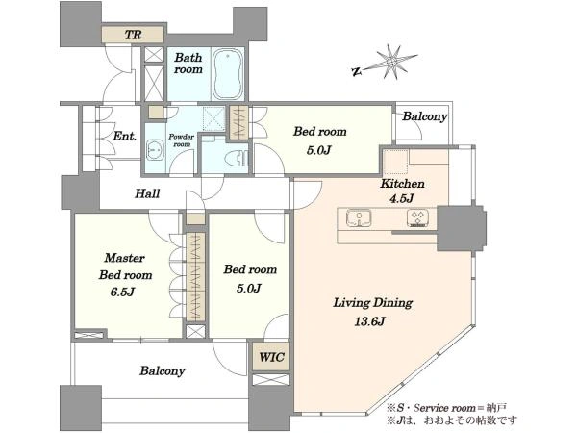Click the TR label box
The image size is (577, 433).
tap(133, 35)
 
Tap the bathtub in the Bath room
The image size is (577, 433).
tap(228, 74)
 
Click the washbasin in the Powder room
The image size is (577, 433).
tap(155, 150)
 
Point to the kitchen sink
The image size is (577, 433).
tap(359, 217)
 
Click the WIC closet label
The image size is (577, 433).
tap(271, 357)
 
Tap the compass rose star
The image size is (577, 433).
tap(393, 63)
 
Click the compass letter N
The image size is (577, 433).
tap(356, 71)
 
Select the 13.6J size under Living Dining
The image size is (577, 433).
tap(369, 321)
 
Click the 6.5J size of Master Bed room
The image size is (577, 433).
tap(122, 292)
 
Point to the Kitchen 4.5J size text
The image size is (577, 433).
tap(402, 198)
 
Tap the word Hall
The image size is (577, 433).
tap(147, 193)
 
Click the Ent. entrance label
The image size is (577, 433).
tap(125, 136)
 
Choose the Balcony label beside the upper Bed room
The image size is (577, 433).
tap(425, 116)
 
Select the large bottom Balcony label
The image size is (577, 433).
tap(162, 370)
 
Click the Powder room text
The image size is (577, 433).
tap(182, 140)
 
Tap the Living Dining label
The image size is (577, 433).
tap(373, 303)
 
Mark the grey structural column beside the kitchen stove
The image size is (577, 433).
tap(462, 228)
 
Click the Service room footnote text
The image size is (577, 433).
tap(447, 408)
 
